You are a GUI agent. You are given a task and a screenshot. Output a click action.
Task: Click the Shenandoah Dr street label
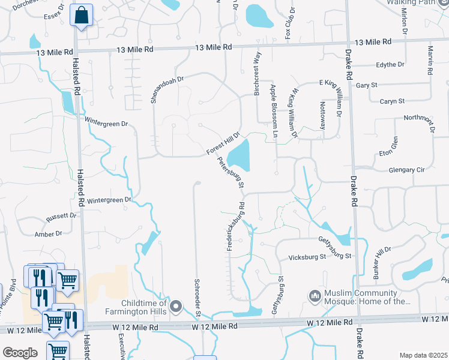tap(166, 89)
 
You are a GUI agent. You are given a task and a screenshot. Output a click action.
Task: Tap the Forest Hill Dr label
tap(223, 143)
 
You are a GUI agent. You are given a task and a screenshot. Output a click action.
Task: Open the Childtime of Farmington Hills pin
tap(176, 308)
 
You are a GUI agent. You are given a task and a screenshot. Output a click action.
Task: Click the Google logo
tap(20, 353)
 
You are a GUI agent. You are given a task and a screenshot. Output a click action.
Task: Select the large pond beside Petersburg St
tap(240, 154)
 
